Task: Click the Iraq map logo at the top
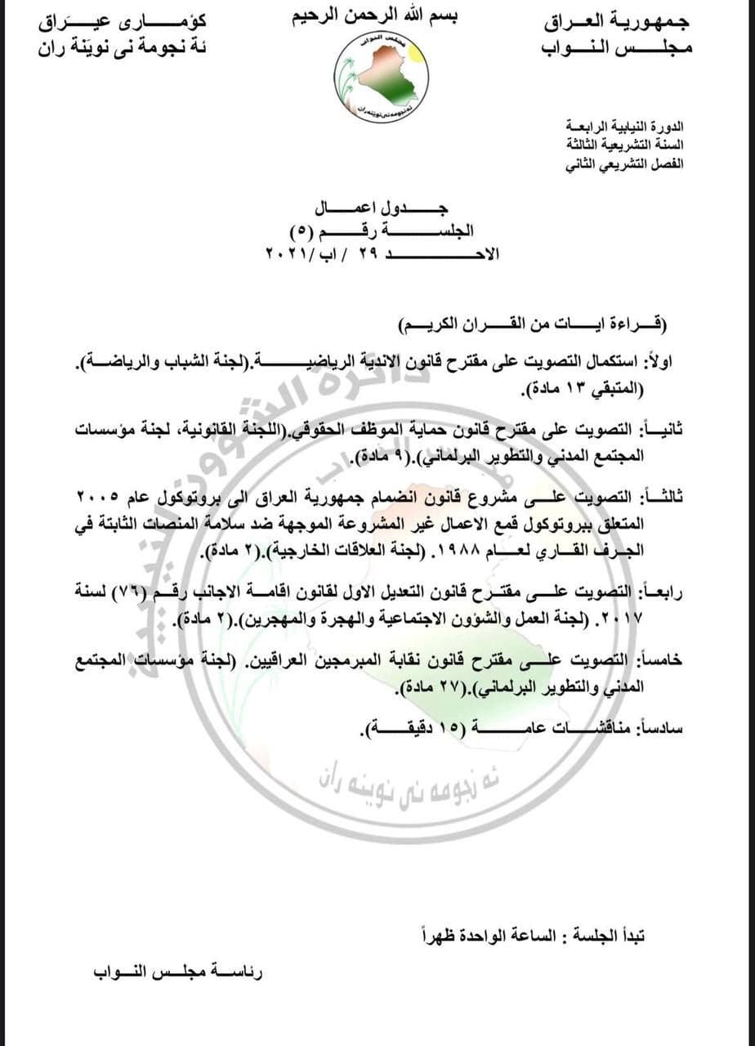(x=381, y=78)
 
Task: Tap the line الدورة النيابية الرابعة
(x=625, y=127)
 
